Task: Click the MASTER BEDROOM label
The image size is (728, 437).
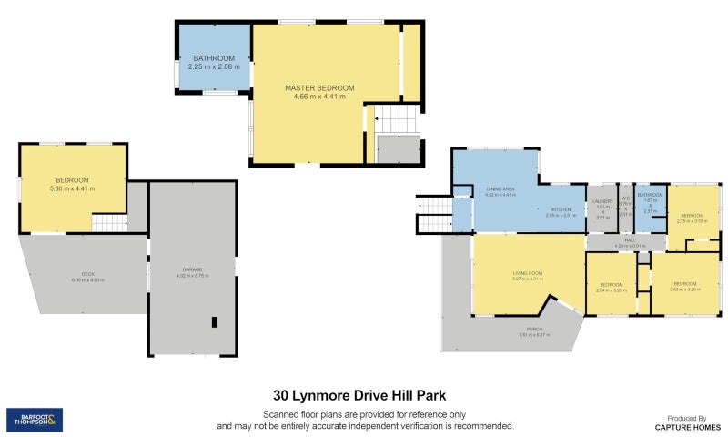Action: (318, 88)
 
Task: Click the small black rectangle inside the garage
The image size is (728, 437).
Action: (215, 321)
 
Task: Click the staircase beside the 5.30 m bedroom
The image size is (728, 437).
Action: (109, 222)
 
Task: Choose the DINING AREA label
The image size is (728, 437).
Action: (500, 188)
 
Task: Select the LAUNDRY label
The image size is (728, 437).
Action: (602, 200)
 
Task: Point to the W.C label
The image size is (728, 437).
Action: (625, 198)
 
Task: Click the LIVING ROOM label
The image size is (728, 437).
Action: (528, 272)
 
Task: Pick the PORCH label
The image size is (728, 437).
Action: (534, 329)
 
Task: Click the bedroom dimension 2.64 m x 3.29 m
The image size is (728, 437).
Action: (612, 290)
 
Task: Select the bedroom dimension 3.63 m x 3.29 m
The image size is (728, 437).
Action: (685, 289)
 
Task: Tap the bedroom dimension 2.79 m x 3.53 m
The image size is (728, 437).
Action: (693, 221)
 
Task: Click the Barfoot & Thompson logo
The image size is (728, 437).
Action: (35, 420)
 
